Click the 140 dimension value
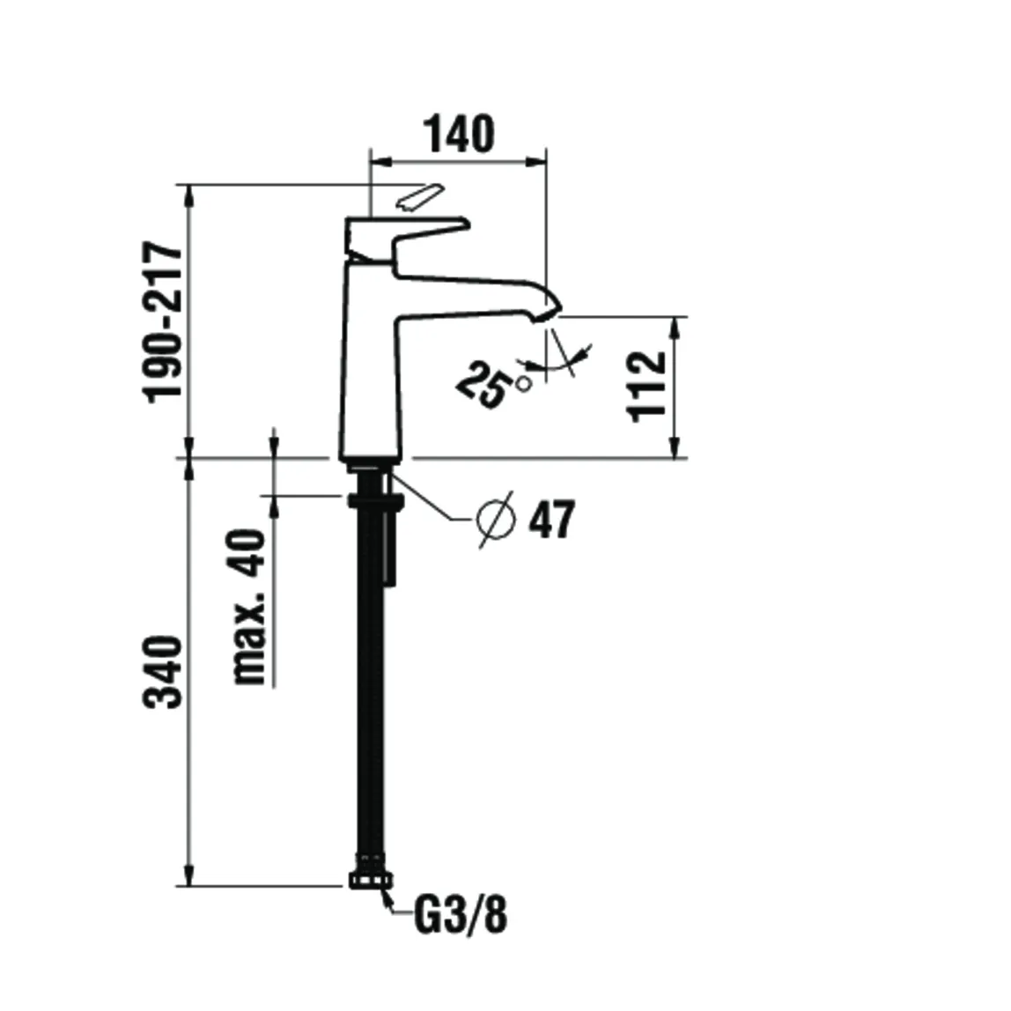(x=459, y=134)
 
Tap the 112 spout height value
(x=650, y=387)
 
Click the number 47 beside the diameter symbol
(x=551, y=520)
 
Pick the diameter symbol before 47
(x=495, y=520)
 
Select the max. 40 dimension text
(x=249, y=607)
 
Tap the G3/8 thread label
(x=460, y=918)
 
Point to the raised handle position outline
(x=417, y=197)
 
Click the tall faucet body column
(x=371, y=370)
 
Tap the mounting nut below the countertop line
(x=376, y=501)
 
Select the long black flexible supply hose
(x=369, y=687)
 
